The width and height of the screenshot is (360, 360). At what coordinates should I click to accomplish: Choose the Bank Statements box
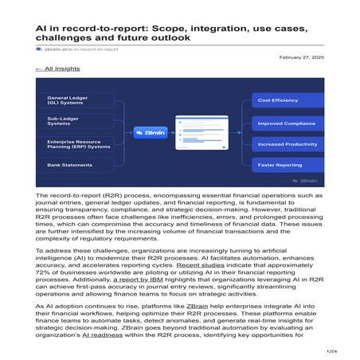click(75, 165)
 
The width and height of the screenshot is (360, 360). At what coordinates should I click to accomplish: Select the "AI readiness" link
click(117, 334)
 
